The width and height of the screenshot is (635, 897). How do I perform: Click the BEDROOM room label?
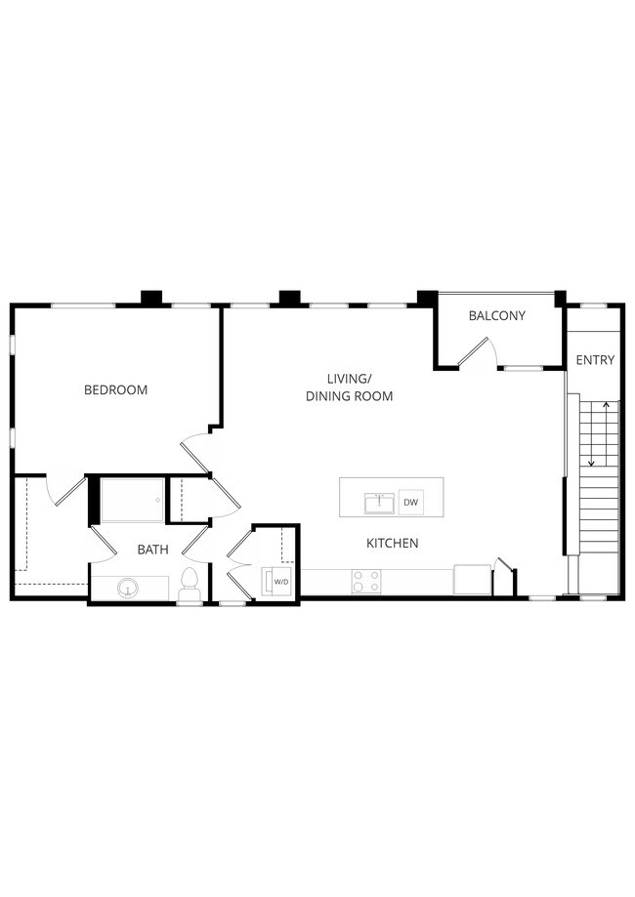click(x=115, y=390)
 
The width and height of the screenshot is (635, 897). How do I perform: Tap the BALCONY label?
click(x=496, y=316)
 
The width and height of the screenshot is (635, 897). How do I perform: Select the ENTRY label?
click(x=595, y=360)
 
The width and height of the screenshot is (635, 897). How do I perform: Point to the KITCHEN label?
click(x=393, y=544)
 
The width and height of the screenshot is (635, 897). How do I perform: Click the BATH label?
click(x=152, y=550)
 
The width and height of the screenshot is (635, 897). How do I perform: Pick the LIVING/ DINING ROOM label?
click(x=349, y=387)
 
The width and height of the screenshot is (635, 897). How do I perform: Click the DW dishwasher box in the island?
click(x=411, y=503)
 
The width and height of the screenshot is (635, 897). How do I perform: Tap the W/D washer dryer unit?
click(x=279, y=582)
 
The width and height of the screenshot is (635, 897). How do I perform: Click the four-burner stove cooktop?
click(x=366, y=582)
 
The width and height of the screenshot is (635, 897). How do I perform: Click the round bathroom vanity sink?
click(x=126, y=589)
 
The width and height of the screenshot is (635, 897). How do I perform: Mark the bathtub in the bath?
click(x=132, y=501)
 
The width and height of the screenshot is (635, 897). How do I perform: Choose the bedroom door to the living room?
click(x=195, y=455)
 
